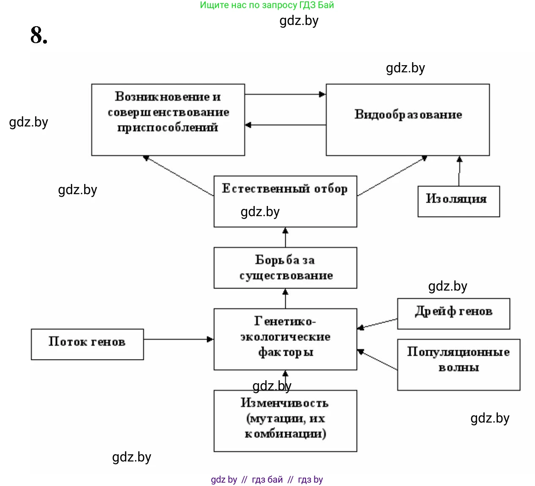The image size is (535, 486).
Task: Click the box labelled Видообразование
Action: [407, 119]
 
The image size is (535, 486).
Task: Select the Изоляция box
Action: [459, 201]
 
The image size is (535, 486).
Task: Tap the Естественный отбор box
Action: [285, 201]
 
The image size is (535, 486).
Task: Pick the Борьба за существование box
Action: [285, 268]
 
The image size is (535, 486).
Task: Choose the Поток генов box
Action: [87, 344]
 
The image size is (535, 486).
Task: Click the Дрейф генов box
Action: [453, 313]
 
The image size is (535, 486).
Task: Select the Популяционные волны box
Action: [459, 364]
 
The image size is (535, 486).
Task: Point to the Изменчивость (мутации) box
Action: [285, 420]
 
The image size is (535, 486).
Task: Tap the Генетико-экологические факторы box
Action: [285, 339]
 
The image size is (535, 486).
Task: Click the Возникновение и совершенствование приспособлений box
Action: [168, 119]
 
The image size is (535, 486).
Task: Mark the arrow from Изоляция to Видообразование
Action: [459, 171]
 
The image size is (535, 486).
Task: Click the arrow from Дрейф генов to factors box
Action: [377, 324]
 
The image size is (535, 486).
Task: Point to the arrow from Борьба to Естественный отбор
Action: [285, 237]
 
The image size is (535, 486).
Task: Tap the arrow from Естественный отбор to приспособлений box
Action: [178, 176]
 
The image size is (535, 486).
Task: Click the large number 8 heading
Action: [38, 35]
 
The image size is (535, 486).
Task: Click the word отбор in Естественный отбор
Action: [331, 189]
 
